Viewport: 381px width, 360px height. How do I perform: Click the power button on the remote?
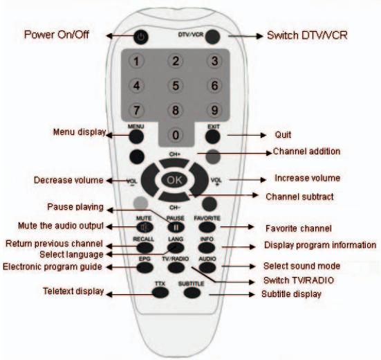point(141,37)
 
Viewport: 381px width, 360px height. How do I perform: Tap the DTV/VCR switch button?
point(213,37)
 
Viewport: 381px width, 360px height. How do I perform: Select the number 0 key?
point(176,134)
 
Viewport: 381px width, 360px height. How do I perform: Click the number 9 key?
point(215,110)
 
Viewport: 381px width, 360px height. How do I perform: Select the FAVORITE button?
point(207,227)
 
